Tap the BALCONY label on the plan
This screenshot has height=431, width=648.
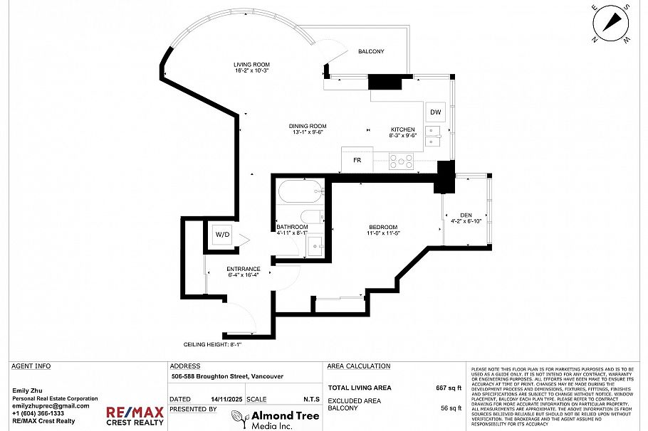coord(371,51)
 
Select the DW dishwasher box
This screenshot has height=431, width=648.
coord(435,112)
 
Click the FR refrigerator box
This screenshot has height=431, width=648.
coord(357,160)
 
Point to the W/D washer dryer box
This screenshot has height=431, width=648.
coord(222,235)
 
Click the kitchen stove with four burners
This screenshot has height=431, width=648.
coord(402,161)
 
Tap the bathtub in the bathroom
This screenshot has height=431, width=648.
coord(300,193)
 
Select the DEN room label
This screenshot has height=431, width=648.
coord(466,215)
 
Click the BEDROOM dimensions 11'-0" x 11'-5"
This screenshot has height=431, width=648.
coord(384,233)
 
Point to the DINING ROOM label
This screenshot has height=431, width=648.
coord(308,126)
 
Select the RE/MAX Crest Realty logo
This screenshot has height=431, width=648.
coord(135,415)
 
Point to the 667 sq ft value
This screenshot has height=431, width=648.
coord(449,388)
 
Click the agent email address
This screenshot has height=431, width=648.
coord(51,405)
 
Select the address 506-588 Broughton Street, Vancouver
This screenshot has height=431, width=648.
coord(227,377)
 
